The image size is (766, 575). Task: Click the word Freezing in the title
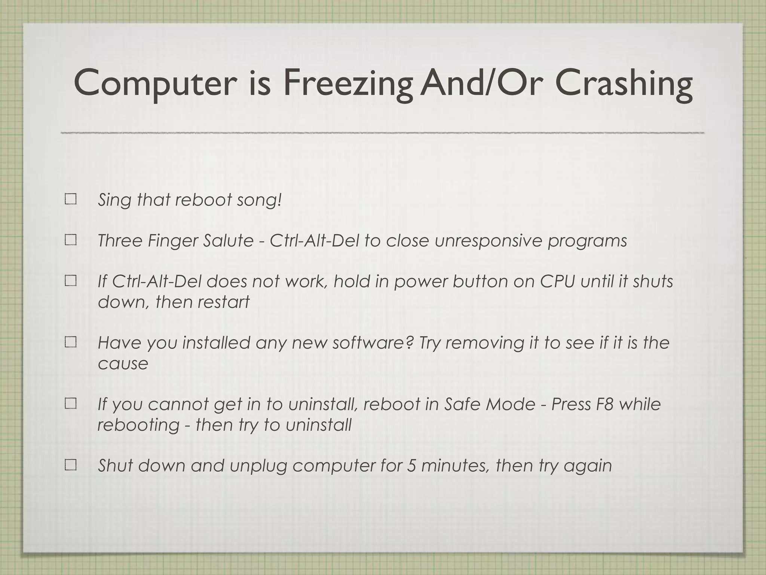[x=348, y=83]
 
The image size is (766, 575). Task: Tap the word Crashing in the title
[x=623, y=83]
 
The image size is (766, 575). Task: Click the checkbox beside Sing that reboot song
[x=70, y=199]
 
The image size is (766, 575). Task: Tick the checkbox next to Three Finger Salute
[x=70, y=240]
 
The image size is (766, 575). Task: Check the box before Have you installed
[x=70, y=342]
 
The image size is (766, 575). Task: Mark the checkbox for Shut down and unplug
[x=70, y=465]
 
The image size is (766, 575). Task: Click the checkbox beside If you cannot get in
[x=70, y=404]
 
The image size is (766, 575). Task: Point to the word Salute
[x=228, y=240]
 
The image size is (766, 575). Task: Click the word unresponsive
[x=488, y=240]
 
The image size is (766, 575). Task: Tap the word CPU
[x=557, y=281]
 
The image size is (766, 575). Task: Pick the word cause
[x=123, y=363]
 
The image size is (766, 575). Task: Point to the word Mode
[x=511, y=404]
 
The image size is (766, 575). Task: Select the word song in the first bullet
[x=258, y=200]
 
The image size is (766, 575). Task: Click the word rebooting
[x=138, y=425]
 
